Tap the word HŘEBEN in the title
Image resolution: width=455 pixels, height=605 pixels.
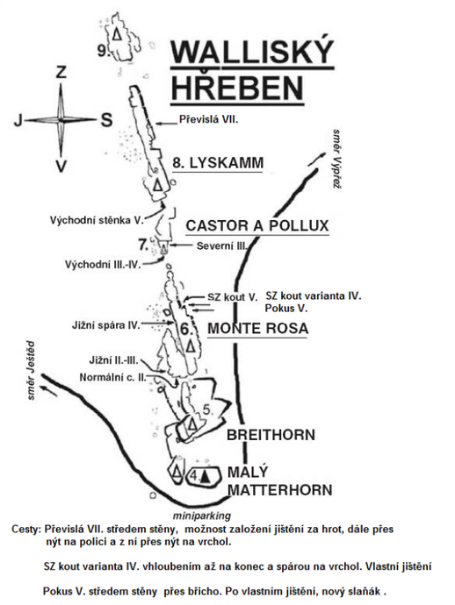[237, 87]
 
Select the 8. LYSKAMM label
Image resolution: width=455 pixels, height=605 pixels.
[218, 163]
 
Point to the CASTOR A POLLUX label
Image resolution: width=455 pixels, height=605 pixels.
[257, 225]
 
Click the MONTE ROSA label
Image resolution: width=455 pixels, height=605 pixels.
[258, 328]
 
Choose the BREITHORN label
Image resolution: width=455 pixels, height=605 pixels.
[271, 435]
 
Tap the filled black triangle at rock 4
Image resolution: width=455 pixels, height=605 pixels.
[206, 476]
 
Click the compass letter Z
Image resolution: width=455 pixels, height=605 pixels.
[61, 72]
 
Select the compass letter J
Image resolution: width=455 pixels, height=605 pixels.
[18, 121]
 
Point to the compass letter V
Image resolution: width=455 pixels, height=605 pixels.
[61, 166]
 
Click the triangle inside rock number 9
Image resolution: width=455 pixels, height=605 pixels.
[117, 34]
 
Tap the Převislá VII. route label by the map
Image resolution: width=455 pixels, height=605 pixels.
[209, 119]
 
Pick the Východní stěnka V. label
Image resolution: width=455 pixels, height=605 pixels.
[97, 220]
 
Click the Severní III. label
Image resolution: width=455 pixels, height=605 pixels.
[221, 246]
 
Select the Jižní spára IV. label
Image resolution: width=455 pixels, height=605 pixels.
[106, 325]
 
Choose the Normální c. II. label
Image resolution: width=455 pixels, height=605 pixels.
[113, 377]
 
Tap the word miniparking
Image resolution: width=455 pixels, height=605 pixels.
[202, 516]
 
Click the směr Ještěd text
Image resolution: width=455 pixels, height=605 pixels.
[30, 370]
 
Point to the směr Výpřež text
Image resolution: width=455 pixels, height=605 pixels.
[337, 158]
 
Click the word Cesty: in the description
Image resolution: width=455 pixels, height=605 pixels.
[25, 529]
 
